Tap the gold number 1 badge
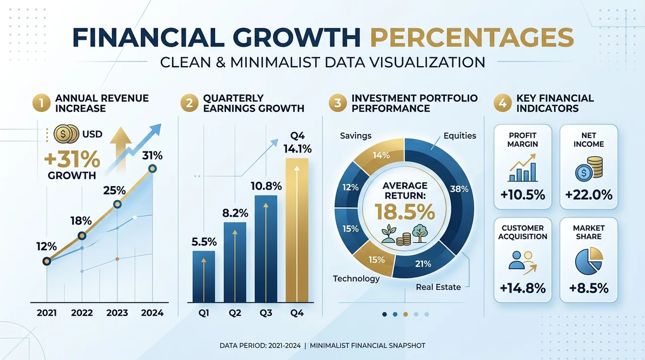(41, 103)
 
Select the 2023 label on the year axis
(117, 313)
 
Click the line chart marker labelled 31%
(152, 168)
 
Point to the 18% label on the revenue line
(81, 221)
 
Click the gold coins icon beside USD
(66, 134)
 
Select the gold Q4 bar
(297, 230)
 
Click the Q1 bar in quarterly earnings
(204, 276)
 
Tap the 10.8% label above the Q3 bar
(266, 187)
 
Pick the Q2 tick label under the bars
(235, 313)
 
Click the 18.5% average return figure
(405, 212)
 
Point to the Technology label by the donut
(356, 279)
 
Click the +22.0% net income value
(589, 195)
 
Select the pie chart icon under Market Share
(589, 261)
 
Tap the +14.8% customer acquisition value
(523, 288)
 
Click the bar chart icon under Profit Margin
(523, 168)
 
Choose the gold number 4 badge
(503, 103)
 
